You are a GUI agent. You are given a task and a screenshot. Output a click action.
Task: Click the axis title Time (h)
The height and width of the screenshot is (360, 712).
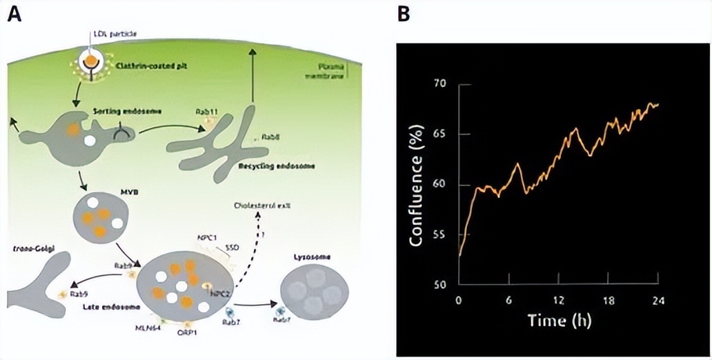pos(559,321)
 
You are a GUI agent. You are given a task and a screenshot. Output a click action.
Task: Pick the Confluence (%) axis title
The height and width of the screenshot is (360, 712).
pos(416,185)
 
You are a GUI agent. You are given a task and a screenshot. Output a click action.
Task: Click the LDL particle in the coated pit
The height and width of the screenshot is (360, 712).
pos(90,64)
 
